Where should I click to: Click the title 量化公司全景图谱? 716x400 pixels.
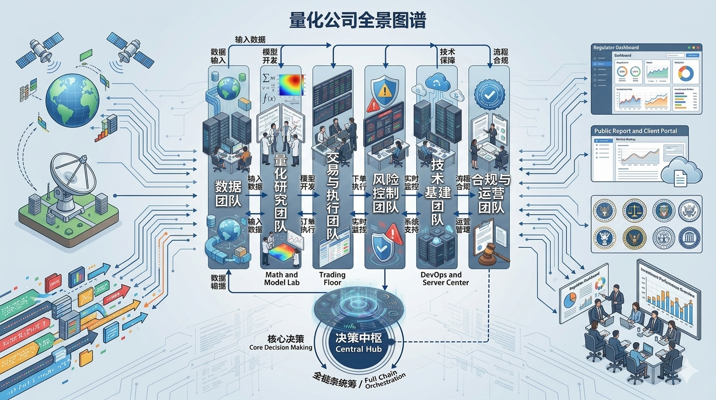pyautogui.click(x=357, y=21)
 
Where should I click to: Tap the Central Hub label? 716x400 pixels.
pyautogui.click(x=359, y=348)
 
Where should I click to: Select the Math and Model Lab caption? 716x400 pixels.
pyautogui.click(x=282, y=279)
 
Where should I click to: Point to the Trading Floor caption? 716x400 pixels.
pyautogui.click(x=333, y=279)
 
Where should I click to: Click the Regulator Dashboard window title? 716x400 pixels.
pyautogui.click(x=616, y=47)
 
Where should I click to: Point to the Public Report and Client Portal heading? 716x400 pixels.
pyautogui.click(x=635, y=131)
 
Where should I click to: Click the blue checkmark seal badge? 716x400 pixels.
pyautogui.click(x=489, y=96)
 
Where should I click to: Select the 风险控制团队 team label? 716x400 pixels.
pyautogui.click(x=385, y=193)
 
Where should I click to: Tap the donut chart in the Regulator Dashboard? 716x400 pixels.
pyautogui.click(x=685, y=73)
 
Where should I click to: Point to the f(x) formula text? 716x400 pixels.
pyautogui.click(x=270, y=98)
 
